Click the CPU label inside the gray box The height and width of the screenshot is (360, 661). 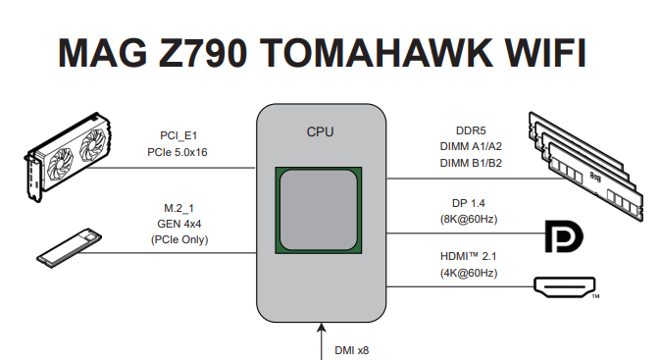[x=321, y=130]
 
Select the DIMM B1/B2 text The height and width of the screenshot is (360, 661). [x=471, y=163]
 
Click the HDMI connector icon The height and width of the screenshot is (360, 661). [x=563, y=286]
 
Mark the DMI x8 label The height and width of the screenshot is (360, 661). [x=351, y=348]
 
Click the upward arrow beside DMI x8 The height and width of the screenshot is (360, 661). [x=321, y=343]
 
